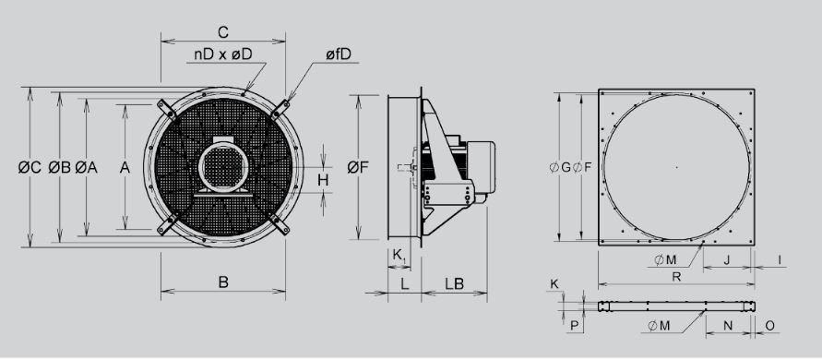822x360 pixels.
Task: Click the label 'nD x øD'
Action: [223, 54]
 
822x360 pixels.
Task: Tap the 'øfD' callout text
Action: [338, 54]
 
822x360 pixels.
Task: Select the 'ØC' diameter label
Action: [30, 167]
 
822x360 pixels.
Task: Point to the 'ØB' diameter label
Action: [59, 167]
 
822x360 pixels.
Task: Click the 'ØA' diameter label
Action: [87, 167]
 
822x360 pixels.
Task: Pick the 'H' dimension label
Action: [323, 180]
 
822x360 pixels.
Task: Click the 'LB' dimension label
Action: [454, 283]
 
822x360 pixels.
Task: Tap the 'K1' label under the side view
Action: [399, 256]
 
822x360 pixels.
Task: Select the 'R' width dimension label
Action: [676, 277]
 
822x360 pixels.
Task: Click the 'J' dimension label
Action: [727, 259]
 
